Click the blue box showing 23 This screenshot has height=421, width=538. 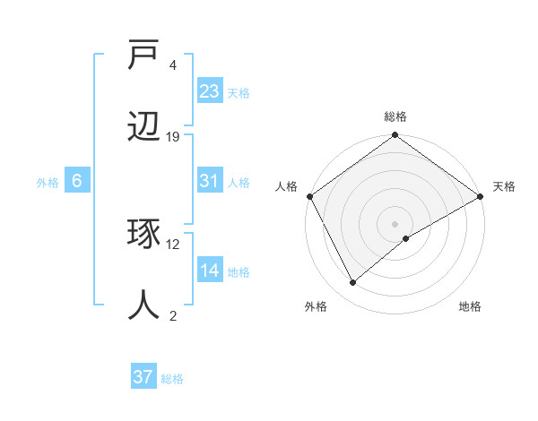(x=210, y=91)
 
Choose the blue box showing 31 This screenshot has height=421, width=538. (x=210, y=182)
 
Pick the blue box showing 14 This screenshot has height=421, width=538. (x=210, y=271)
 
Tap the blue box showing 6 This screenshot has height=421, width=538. (x=77, y=181)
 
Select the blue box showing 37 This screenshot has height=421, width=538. (x=143, y=377)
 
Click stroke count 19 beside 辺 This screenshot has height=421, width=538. (x=173, y=137)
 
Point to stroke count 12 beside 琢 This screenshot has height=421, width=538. (x=173, y=244)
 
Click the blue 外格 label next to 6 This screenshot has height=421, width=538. (x=48, y=182)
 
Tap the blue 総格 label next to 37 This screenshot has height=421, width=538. (x=172, y=379)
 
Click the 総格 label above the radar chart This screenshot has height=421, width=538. (x=395, y=117)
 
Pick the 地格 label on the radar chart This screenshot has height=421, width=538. (x=470, y=307)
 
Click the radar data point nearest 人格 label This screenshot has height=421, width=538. (x=309, y=196)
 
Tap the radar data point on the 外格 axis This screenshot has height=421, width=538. (x=353, y=282)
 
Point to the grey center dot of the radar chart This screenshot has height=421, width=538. (x=395, y=223)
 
